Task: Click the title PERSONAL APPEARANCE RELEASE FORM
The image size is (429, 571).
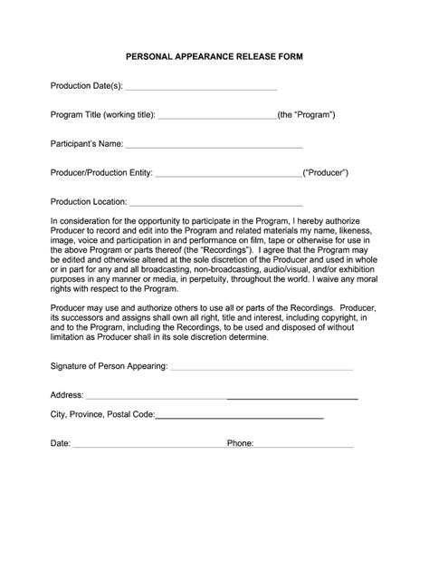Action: pos(214,56)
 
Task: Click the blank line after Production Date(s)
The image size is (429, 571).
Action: pos(200,89)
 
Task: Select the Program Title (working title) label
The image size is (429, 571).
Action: pos(103,115)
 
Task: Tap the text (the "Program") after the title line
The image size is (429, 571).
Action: pos(307,115)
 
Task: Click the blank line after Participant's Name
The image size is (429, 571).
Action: pos(214,144)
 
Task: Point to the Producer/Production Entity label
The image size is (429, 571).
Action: pos(101,172)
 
